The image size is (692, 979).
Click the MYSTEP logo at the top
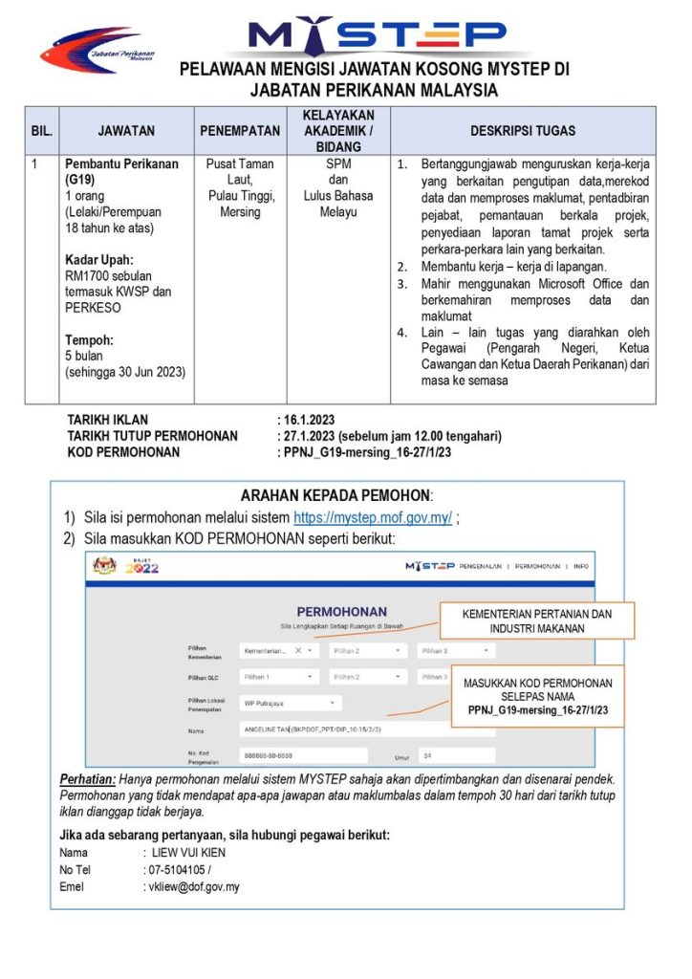tap(376, 35)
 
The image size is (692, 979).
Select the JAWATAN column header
tap(125, 130)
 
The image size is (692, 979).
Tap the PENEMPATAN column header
tap(240, 130)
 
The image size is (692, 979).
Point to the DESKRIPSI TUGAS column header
tap(523, 130)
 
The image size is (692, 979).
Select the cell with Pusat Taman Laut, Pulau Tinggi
tap(240, 187)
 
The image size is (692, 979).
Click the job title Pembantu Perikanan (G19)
tap(120, 171)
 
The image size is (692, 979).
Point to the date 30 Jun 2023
tap(143, 372)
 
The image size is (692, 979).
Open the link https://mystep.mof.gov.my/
tap(373, 518)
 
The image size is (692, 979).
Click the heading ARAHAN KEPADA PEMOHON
tap(336, 495)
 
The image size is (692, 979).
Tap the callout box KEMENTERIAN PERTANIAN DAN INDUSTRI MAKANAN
tap(536, 621)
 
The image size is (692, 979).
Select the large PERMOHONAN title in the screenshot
tap(341, 612)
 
